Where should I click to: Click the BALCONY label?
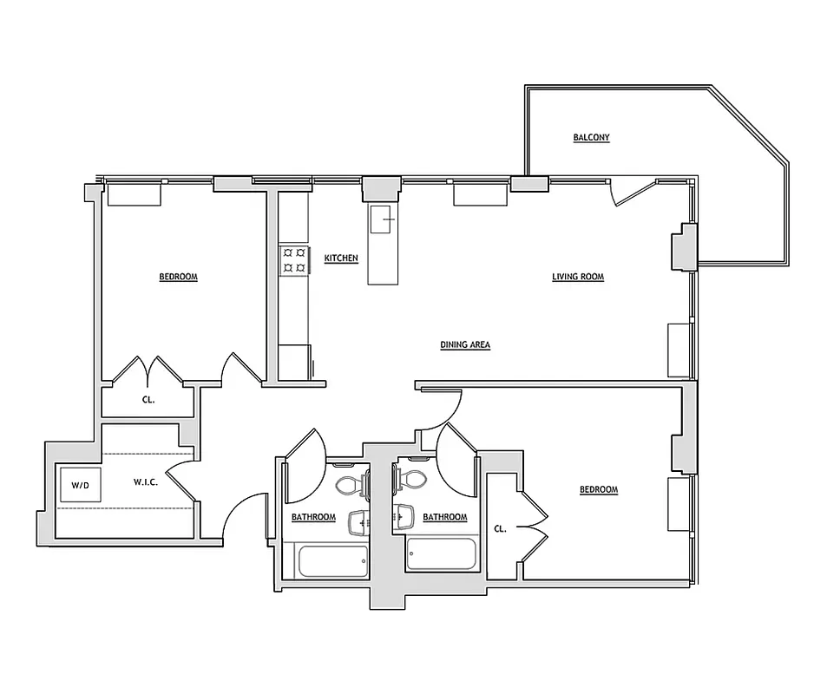pyautogui.click(x=591, y=137)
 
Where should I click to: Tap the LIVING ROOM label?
pyautogui.click(x=578, y=278)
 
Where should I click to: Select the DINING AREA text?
pyautogui.click(x=465, y=344)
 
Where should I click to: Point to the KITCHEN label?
pyautogui.click(x=341, y=259)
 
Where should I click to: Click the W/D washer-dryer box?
pyautogui.click(x=80, y=486)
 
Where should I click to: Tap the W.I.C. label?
pyautogui.click(x=145, y=481)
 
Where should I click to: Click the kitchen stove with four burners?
pyautogui.click(x=293, y=259)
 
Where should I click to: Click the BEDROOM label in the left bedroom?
pyautogui.click(x=178, y=278)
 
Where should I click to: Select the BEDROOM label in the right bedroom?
pyautogui.click(x=599, y=490)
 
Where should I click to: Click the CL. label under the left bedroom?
pyautogui.click(x=148, y=401)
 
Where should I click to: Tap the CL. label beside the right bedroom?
pyautogui.click(x=501, y=527)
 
